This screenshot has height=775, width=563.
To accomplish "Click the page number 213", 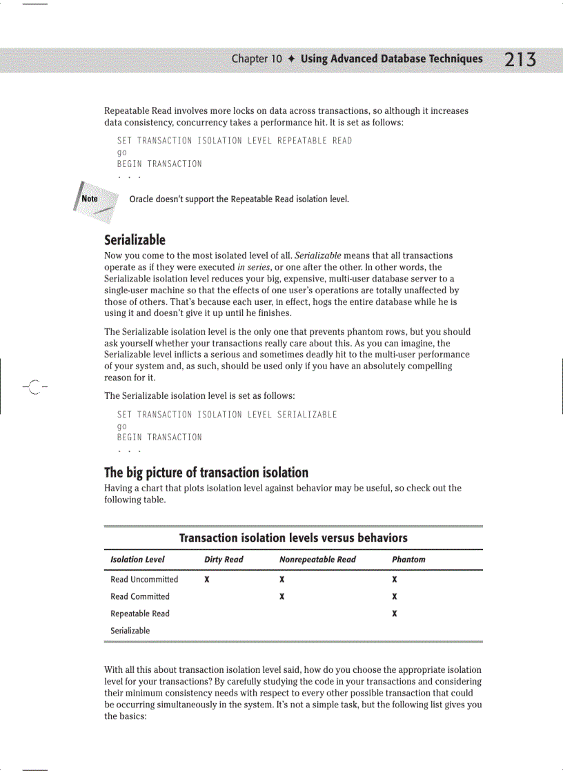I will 520,60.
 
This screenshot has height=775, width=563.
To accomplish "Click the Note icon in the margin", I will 90,199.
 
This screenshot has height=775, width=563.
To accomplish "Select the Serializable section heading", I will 135,240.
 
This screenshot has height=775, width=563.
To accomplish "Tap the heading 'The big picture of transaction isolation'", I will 206,473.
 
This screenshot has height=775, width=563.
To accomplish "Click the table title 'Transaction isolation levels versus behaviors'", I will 293,538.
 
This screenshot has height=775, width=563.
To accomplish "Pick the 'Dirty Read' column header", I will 224,560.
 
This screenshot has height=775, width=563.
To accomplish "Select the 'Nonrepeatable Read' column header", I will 317,560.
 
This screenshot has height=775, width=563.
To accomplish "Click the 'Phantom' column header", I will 408,560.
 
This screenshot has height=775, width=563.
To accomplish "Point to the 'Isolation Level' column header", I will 137,560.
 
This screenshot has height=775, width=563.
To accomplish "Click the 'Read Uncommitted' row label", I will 144,580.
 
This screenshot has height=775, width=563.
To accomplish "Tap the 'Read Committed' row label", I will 140,597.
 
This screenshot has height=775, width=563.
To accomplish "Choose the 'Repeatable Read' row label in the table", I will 140,614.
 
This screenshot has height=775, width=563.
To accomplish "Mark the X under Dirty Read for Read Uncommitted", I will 207,580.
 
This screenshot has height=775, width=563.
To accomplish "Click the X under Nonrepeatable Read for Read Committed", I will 282,597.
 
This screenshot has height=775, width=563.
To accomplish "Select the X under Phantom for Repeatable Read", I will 394,614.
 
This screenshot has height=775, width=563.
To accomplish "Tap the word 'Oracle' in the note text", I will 141,199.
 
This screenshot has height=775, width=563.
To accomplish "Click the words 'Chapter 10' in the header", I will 257,59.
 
